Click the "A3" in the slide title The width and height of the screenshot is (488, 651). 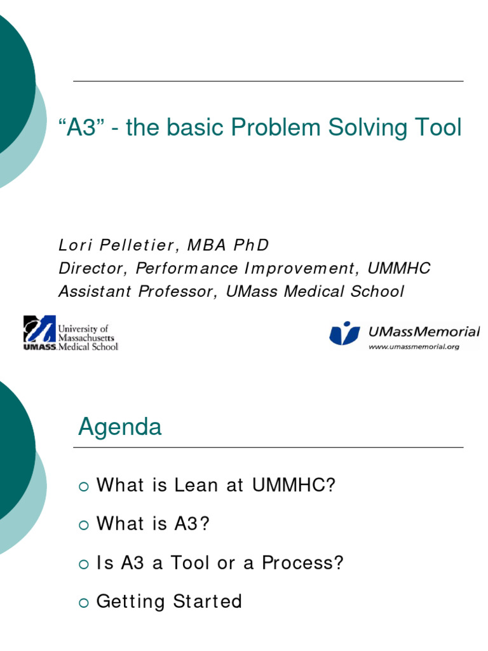coord(81,128)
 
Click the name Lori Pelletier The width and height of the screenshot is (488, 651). coord(114,245)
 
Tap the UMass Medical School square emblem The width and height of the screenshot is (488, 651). coord(39,332)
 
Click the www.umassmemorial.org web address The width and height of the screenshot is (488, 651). coord(414,346)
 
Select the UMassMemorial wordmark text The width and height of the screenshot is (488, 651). coord(424,331)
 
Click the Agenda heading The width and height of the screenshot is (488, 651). coord(120,427)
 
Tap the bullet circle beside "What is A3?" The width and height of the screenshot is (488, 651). coord(83,525)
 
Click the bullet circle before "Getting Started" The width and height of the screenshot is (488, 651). coord(83,603)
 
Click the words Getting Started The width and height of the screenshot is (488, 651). coord(169,601)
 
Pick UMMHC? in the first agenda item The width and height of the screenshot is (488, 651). coord(294,486)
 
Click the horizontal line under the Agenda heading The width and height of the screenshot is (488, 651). coord(268,448)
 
